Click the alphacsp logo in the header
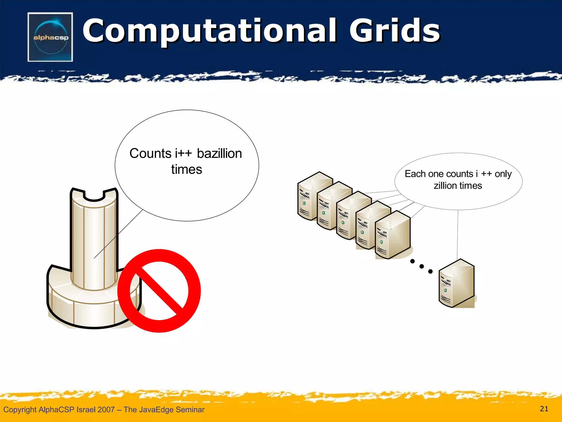pyautogui.click(x=50, y=37)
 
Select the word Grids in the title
pyautogui.click(x=394, y=31)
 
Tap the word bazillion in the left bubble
pyautogui.click(x=219, y=154)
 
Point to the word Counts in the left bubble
pyautogui.click(x=150, y=154)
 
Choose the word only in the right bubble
pyautogui.click(x=503, y=174)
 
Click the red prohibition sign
pyautogui.click(x=159, y=291)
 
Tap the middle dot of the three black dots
pyautogui.click(x=421, y=266)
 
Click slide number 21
pyautogui.click(x=544, y=409)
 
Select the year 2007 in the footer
pyautogui.click(x=106, y=410)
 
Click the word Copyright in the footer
pyautogui.click(x=20, y=410)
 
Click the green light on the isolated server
pyautogui.click(x=445, y=290)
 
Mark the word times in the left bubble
pyautogui.click(x=187, y=170)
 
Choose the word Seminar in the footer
pyautogui.click(x=190, y=410)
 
